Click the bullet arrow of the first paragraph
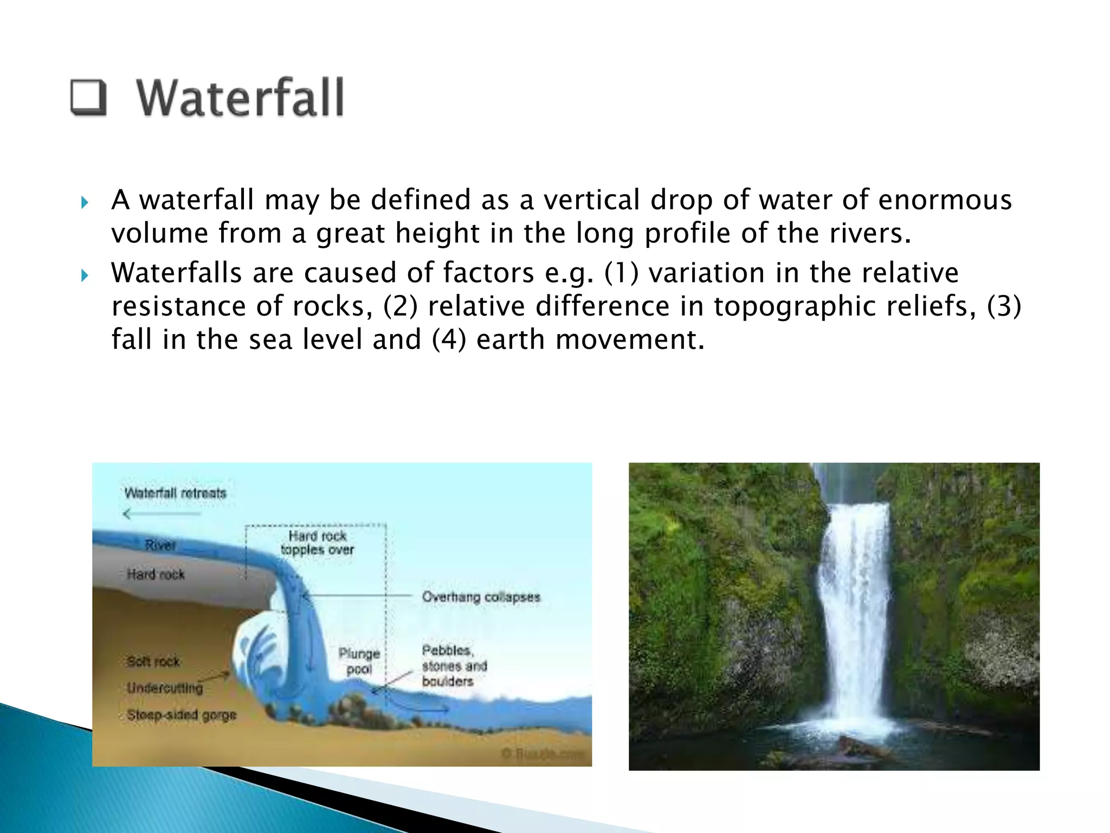coord(84,203)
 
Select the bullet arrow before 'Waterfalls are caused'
coord(84,275)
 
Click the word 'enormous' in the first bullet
coord(945,200)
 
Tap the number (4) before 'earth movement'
coord(449,339)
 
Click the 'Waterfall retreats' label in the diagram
coord(175,493)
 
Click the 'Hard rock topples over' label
coord(317,543)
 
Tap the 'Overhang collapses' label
coord(481,597)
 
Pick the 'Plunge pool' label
coord(359,661)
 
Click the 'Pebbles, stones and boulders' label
coord(454,665)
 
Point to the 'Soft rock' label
coord(153,662)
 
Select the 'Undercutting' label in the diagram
coord(165,688)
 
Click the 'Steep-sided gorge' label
coord(182,715)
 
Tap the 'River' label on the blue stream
coord(160,544)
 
